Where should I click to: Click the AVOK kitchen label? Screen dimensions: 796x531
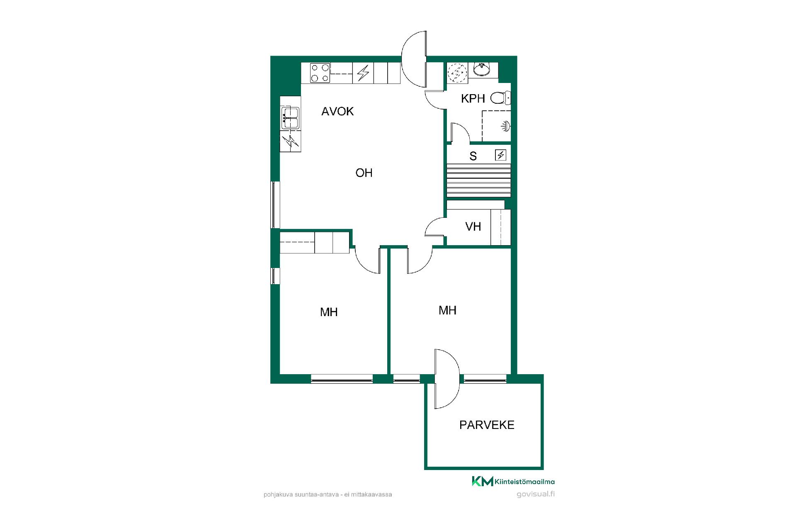click(337, 111)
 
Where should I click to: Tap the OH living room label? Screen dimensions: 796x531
click(364, 173)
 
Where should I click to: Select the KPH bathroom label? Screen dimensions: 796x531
click(473, 98)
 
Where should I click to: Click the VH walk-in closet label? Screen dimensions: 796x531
click(473, 227)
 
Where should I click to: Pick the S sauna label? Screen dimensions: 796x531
click(473, 156)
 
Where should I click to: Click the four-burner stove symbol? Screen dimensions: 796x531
click(320, 73)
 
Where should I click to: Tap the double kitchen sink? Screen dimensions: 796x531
click(290, 118)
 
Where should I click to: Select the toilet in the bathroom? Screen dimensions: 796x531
click(500, 98)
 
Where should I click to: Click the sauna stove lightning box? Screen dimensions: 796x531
click(501, 155)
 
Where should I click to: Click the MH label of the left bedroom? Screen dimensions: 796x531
click(329, 312)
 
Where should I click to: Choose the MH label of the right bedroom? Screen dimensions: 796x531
click(447, 310)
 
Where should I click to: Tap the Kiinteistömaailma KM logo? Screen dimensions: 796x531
click(513, 481)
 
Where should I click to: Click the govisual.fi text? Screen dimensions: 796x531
click(536, 494)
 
